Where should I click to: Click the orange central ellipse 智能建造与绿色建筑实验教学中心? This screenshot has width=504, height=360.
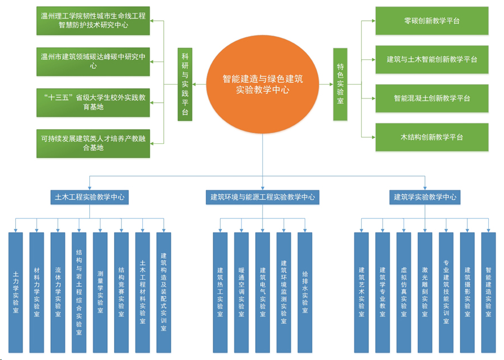pyautogui.click(x=262, y=85)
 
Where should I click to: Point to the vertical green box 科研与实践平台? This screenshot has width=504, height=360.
pyautogui.click(x=185, y=85)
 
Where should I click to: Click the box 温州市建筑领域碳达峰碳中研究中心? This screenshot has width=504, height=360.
pyautogui.click(x=93, y=61)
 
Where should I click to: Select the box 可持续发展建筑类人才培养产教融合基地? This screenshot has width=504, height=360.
pyautogui.click(x=93, y=143)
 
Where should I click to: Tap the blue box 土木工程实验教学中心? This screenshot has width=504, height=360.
pyautogui.click(x=90, y=197)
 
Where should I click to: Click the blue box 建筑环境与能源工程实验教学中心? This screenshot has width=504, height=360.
pyautogui.click(x=262, y=197)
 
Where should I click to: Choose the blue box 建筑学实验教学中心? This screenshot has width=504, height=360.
pyautogui.click(x=425, y=197)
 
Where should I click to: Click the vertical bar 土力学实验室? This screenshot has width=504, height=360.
pyautogui.click(x=16, y=292)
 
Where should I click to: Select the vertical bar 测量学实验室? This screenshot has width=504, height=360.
pyautogui.click(x=100, y=292)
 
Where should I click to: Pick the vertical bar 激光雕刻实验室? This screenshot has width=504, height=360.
pyautogui.click(x=425, y=292)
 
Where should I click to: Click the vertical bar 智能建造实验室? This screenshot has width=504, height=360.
pyautogui.click(x=488, y=292)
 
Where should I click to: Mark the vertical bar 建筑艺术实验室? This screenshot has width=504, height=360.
pyautogui.click(x=362, y=292)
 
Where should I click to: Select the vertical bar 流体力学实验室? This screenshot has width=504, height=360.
pyautogui.click(x=58, y=292)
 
